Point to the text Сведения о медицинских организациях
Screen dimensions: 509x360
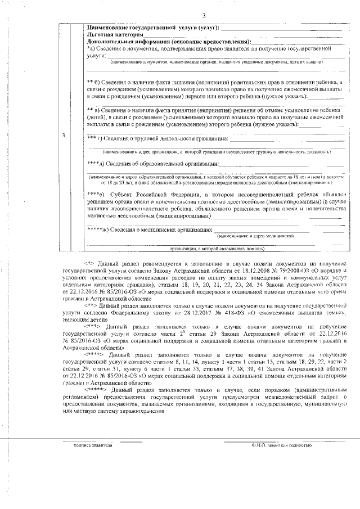pyautogui.click(x=157, y=230)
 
